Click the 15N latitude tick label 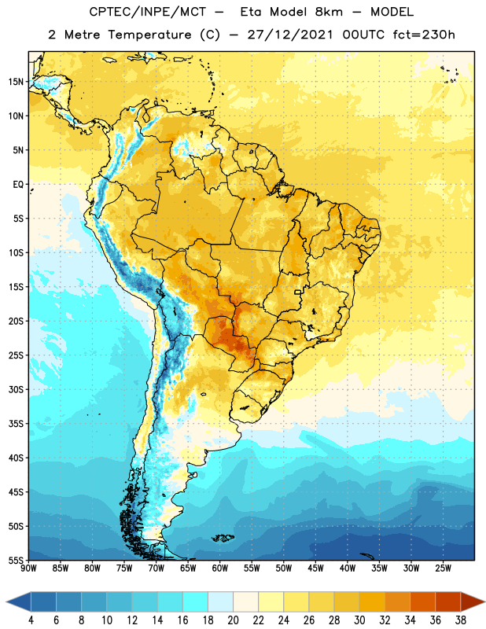(x=16, y=82)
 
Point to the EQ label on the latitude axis (x=18, y=185)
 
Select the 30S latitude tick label (x=16, y=389)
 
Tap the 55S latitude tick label (x=16, y=560)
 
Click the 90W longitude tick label (x=28, y=568)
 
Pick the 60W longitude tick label (x=220, y=568)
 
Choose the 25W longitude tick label (x=443, y=568)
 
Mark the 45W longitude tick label (x=315, y=568)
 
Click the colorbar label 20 (x=233, y=620)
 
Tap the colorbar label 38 (x=461, y=620)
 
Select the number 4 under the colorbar (x=31, y=620)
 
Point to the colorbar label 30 (x=359, y=620)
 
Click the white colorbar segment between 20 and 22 (x=245, y=601)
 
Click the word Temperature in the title (x=149, y=35)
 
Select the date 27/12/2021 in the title (x=289, y=35)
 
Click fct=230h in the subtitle (x=424, y=35)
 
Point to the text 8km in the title (x=329, y=12)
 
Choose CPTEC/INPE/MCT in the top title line (x=148, y=12)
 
